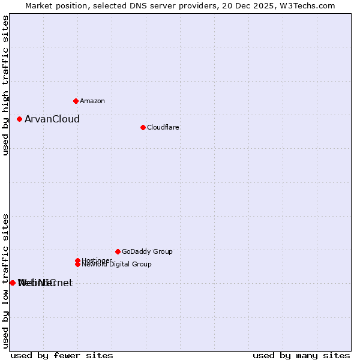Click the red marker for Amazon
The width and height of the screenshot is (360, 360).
[76, 101]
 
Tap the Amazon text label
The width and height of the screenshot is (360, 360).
[92, 101]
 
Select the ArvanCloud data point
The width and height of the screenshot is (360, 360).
[19, 119]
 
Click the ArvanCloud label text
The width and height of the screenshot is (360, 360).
[52, 119]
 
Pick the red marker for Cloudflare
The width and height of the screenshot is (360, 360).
[143, 127]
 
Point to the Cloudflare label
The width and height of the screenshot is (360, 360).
[163, 127]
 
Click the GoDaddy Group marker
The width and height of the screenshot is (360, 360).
[118, 251]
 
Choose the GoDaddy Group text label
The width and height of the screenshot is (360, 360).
[147, 251]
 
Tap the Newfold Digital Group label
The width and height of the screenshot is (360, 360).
[117, 264]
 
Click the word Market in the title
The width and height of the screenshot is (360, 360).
[38, 5]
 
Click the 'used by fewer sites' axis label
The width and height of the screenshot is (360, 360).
[62, 355]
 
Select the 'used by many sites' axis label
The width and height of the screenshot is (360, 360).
[301, 355]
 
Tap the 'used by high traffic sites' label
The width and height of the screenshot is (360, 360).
[5, 85]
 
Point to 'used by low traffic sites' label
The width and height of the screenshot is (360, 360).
[5, 281]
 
